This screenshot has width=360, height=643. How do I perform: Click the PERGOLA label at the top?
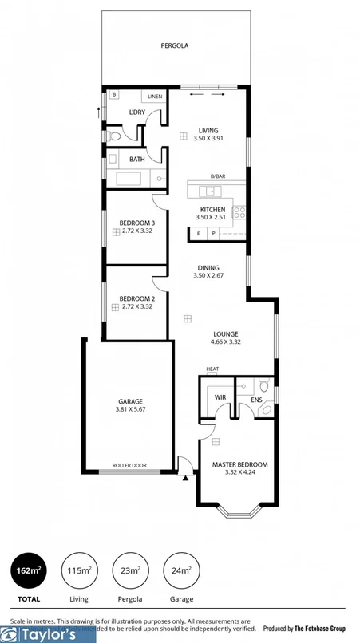(176, 46)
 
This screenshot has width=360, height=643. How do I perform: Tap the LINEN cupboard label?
(155, 97)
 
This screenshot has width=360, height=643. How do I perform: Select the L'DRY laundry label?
(137, 112)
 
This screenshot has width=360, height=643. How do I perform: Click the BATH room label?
(137, 159)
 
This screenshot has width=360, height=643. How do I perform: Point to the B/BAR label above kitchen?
(217, 176)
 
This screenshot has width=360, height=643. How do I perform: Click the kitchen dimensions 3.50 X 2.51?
(210, 217)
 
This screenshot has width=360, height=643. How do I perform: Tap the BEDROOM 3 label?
(136, 223)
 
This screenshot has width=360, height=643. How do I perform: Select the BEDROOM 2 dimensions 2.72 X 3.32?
(136, 306)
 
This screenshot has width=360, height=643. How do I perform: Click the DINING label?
(206, 268)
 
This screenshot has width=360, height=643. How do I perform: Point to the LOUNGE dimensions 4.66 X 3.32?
(226, 341)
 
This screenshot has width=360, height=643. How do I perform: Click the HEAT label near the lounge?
(212, 369)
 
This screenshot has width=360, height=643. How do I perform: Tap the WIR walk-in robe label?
(220, 396)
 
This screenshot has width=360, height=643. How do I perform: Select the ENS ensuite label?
(256, 400)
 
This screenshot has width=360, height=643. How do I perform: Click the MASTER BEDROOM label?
(239, 464)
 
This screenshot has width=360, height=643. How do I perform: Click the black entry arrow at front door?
(186, 478)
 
